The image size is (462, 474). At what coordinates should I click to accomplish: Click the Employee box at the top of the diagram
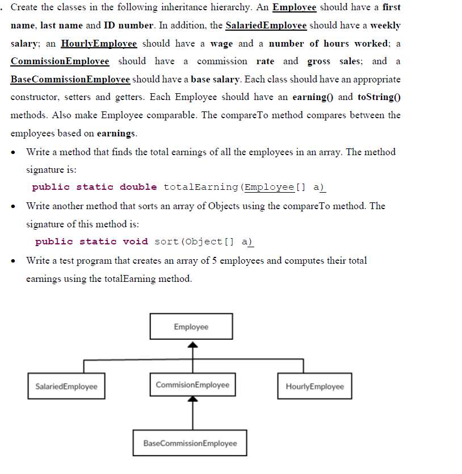[191, 327]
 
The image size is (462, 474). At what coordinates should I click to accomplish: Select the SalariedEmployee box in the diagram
[66, 386]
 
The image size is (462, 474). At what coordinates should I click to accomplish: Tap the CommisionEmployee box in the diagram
[192, 385]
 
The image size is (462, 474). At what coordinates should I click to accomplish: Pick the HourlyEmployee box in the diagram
[314, 386]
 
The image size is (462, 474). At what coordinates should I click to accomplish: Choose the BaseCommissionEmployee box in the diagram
[190, 443]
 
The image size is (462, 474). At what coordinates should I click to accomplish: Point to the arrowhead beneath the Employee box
[193, 344]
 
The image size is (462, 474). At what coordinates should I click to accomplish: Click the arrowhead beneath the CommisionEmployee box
[193, 400]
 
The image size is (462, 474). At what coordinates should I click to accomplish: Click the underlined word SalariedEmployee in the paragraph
[266, 26]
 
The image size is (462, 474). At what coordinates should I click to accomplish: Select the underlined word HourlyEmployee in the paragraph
[99, 43]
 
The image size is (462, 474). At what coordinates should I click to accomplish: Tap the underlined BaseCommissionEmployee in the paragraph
[70, 79]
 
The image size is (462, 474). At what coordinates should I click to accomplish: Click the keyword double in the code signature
[138, 187]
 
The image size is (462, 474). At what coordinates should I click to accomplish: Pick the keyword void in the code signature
[136, 242]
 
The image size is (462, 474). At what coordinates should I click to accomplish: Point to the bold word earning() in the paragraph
[313, 97]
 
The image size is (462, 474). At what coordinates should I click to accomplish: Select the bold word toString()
[379, 97]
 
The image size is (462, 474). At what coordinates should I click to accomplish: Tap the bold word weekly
[385, 26]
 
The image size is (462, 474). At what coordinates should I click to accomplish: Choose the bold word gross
[319, 61]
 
